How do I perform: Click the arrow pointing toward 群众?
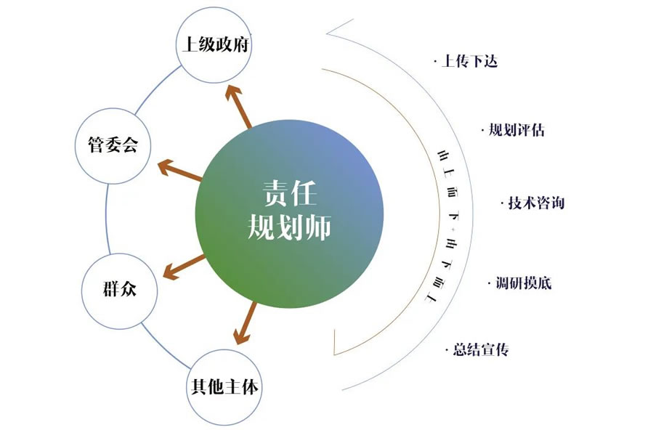(x=184, y=267)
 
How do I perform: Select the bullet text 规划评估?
(x=516, y=131)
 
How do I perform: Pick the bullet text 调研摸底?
(x=523, y=283)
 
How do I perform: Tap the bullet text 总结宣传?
(x=479, y=349)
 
